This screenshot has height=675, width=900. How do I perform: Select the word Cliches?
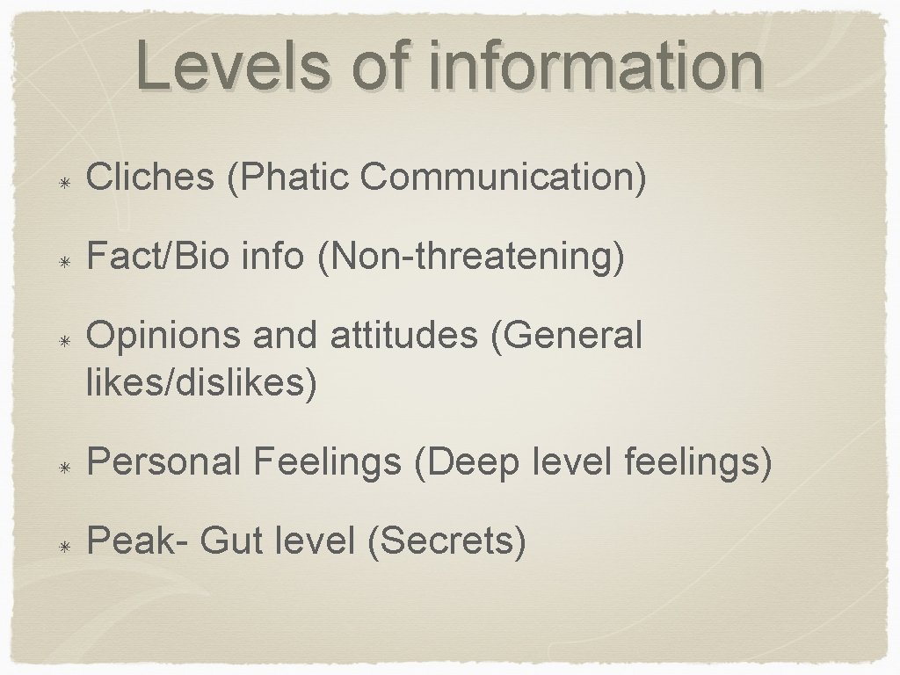click(x=150, y=177)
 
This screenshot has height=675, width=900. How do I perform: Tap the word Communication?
click(x=503, y=177)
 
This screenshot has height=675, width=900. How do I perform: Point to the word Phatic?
click(x=291, y=177)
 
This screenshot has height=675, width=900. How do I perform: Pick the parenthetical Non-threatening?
click(x=472, y=257)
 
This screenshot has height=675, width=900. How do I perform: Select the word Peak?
click(x=130, y=541)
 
